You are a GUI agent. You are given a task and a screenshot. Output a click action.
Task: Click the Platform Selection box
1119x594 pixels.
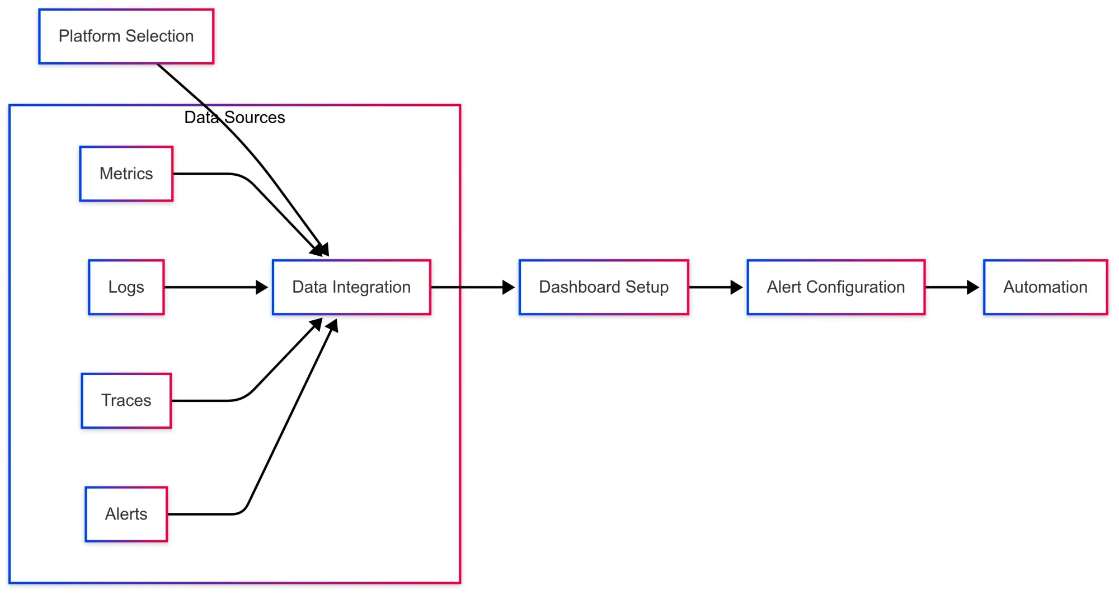(x=126, y=36)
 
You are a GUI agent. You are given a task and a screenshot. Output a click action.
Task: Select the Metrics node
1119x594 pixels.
(x=126, y=174)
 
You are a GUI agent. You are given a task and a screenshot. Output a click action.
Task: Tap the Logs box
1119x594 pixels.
(x=126, y=287)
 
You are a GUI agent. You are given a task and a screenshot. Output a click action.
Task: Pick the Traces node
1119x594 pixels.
(x=126, y=401)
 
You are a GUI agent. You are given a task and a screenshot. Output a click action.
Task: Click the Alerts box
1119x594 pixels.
(x=126, y=514)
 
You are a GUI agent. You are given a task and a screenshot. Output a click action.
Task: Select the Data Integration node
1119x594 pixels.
(x=351, y=287)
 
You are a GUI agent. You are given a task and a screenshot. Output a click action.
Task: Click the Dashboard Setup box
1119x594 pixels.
(x=604, y=287)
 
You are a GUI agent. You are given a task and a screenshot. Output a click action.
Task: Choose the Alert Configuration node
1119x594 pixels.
(x=836, y=287)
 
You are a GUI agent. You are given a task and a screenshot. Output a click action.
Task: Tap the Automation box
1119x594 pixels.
(x=1045, y=287)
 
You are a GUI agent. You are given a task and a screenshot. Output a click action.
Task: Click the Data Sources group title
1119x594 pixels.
(x=234, y=118)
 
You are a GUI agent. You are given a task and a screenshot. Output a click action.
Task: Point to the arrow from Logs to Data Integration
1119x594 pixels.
(x=213, y=287)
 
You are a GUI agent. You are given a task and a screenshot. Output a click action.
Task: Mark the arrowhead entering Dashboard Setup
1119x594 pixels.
(x=508, y=287)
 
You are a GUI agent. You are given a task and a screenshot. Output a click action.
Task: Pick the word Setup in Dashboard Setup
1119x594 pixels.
(x=647, y=287)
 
